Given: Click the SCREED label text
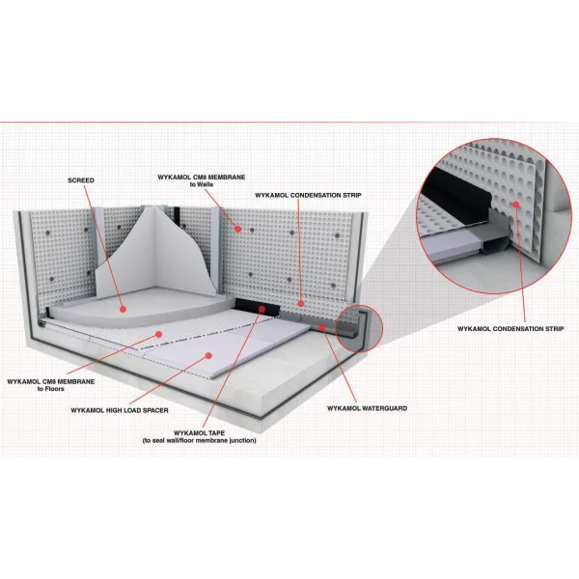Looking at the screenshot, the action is pos(81,180).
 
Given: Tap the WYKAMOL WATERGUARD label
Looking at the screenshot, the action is pos(368,408).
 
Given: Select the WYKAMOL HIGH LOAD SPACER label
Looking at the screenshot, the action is pos(120,410).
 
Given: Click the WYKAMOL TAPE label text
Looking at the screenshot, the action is pos(199,432).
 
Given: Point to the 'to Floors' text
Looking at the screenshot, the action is pos(50,389).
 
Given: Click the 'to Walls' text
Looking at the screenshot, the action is pos(202,184).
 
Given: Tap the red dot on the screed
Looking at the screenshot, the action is pos(123,309).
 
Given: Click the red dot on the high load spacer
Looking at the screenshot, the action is pos(208,355).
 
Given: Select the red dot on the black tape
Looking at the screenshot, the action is pos(262,309).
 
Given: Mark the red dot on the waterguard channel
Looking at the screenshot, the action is pos(322,327).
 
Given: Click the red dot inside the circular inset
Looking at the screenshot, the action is pos(516,204).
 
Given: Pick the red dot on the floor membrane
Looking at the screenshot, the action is pos(159,334).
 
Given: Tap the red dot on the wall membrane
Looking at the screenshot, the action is pos(238,230).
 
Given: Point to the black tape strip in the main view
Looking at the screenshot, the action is pos(258,307).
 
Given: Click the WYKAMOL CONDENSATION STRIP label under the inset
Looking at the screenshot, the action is pos(510,329).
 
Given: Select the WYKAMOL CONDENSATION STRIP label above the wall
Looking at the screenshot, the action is pos(308,195).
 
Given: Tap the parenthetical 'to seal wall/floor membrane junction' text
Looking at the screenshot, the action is pos(199,440).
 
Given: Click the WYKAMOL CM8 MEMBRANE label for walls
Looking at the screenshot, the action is pos(202,178).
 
